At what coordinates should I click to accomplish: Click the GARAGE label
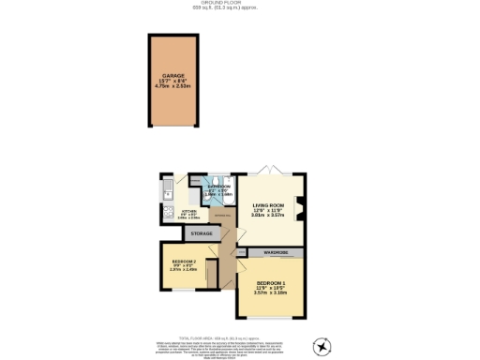tap(173, 76)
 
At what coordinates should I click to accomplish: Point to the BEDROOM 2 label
tap(183, 262)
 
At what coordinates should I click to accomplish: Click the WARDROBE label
tap(275, 253)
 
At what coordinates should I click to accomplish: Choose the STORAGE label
tap(202, 232)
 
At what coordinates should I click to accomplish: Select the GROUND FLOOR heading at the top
tap(240, 4)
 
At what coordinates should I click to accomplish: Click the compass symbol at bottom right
tap(323, 347)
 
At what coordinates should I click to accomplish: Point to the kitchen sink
tap(166, 193)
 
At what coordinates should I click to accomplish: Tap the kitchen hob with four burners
tap(166, 217)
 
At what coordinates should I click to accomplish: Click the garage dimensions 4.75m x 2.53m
tap(173, 87)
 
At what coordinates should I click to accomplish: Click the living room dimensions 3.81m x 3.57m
tap(269, 215)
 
